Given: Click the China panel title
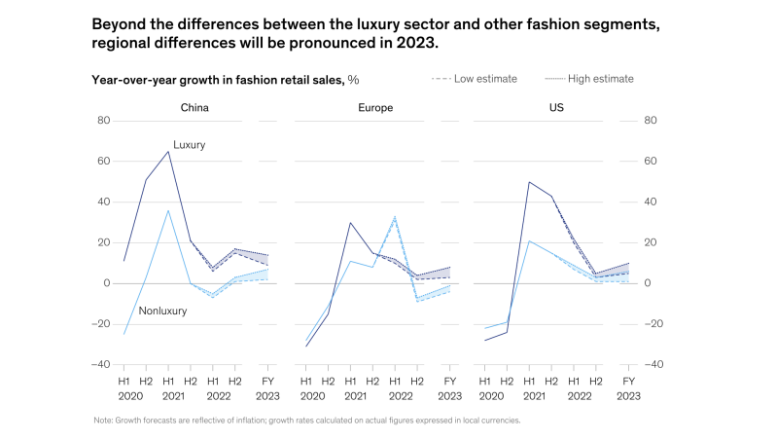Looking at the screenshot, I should pos(194,107).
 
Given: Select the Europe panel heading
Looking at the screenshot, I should pos(375,107).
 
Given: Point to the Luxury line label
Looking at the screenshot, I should pos(190,144).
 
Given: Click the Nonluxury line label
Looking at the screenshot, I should pos(163,311).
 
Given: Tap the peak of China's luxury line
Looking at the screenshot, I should pos(168,151).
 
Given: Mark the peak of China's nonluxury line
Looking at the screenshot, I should pos(168,210).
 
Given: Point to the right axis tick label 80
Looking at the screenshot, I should pos(652,121).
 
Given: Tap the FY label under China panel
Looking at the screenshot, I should pos(268,382).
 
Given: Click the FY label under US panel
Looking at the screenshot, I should pos(627,382).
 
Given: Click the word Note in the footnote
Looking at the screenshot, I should pos(102,420).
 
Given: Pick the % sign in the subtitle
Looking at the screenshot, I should pos(354,80).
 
